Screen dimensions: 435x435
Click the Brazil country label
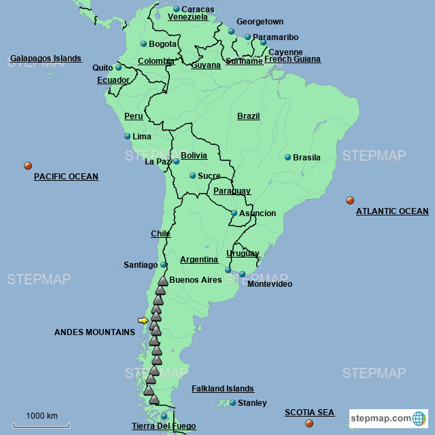[x=248, y=116]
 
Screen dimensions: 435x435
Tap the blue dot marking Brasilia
[x=288, y=158]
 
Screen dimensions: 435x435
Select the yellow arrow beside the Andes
[x=143, y=320]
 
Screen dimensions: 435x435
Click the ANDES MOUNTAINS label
[x=94, y=332]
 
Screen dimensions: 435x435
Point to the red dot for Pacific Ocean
[x=28, y=166]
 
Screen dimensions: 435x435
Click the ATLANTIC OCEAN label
[x=392, y=211]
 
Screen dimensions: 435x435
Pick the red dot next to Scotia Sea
[x=309, y=423]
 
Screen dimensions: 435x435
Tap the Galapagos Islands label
[x=46, y=58]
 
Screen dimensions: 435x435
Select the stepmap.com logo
[x=389, y=418]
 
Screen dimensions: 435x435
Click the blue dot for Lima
[x=127, y=137]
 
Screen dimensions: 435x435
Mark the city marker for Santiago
[x=163, y=265]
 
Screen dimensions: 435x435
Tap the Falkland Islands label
[x=222, y=389]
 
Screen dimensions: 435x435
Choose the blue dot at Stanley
[x=232, y=403]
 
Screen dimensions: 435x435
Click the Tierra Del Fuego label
[x=163, y=426]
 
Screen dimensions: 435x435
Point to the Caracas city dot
[x=176, y=10]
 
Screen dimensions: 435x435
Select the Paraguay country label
[x=232, y=191]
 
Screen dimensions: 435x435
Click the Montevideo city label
[x=269, y=284]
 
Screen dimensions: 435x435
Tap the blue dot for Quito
[x=118, y=68]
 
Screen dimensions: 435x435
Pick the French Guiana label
[x=292, y=60]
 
